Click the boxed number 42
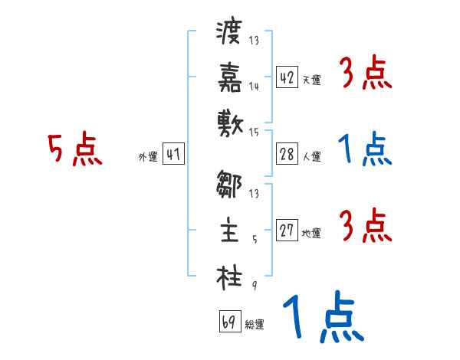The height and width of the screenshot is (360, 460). coord(287,77)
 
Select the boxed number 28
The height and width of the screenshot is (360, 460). coord(287,154)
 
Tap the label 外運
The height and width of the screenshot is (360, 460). coord(148,157)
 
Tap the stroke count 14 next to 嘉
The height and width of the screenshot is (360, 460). coord(255,87)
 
